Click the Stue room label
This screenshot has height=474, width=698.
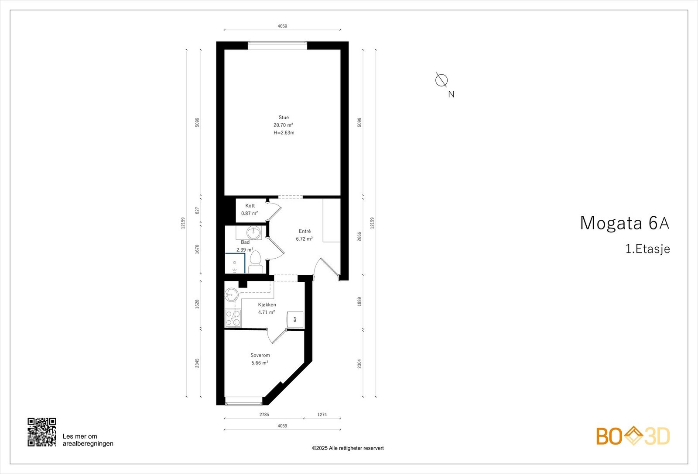(284, 117)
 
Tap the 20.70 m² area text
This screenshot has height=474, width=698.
(283, 125)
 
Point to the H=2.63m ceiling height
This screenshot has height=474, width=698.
(284, 133)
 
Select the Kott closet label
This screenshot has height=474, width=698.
(250, 206)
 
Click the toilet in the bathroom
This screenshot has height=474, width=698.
(255, 262)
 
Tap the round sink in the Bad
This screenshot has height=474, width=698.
(253, 232)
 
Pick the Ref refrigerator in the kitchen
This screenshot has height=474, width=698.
(295, 319)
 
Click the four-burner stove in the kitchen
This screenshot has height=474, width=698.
(233, 318)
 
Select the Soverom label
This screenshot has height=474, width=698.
(260, 355)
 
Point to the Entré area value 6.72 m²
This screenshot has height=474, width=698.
(304, 239)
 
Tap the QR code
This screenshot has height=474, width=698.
(42, 432)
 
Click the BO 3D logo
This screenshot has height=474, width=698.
(633, 436)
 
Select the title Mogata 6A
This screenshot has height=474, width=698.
(624, 223)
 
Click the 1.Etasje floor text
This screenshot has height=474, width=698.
(647, 249)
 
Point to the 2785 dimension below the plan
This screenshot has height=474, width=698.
(264, 415)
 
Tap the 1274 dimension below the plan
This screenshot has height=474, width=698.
(322, 415)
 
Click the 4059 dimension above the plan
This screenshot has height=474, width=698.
(282, 26)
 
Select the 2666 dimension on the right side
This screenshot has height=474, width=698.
(359, 236)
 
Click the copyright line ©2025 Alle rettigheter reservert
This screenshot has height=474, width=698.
(348, 448)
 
